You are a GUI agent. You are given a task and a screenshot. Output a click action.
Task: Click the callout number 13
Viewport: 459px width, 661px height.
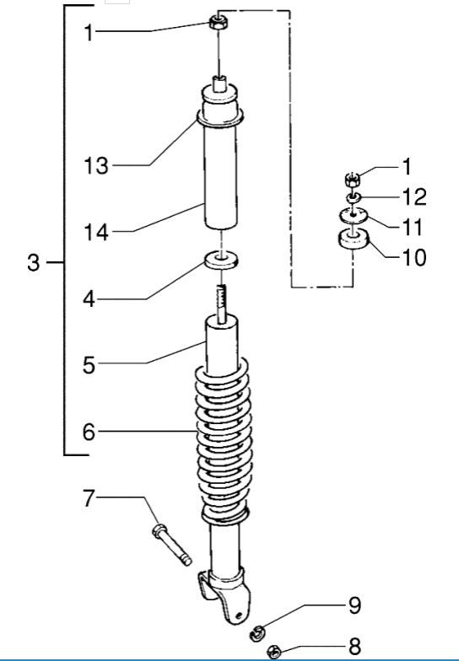click(95, 166)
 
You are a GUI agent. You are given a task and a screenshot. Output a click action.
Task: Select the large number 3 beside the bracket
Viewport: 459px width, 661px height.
click(33, 263)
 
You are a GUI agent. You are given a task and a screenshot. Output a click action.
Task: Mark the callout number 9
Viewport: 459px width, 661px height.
click(354, 605)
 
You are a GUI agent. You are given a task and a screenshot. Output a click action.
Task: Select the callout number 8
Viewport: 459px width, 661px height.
click(354, 647)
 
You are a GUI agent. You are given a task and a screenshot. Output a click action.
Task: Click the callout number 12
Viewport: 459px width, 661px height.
click(413, 197)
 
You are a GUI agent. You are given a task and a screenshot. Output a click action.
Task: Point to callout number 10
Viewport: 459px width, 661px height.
click(413, 256)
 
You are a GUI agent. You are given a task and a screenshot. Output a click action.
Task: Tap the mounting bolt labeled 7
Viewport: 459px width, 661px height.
click(171, 545)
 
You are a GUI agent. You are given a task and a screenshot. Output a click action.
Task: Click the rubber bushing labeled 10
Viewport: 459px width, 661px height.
click(352, 242)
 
